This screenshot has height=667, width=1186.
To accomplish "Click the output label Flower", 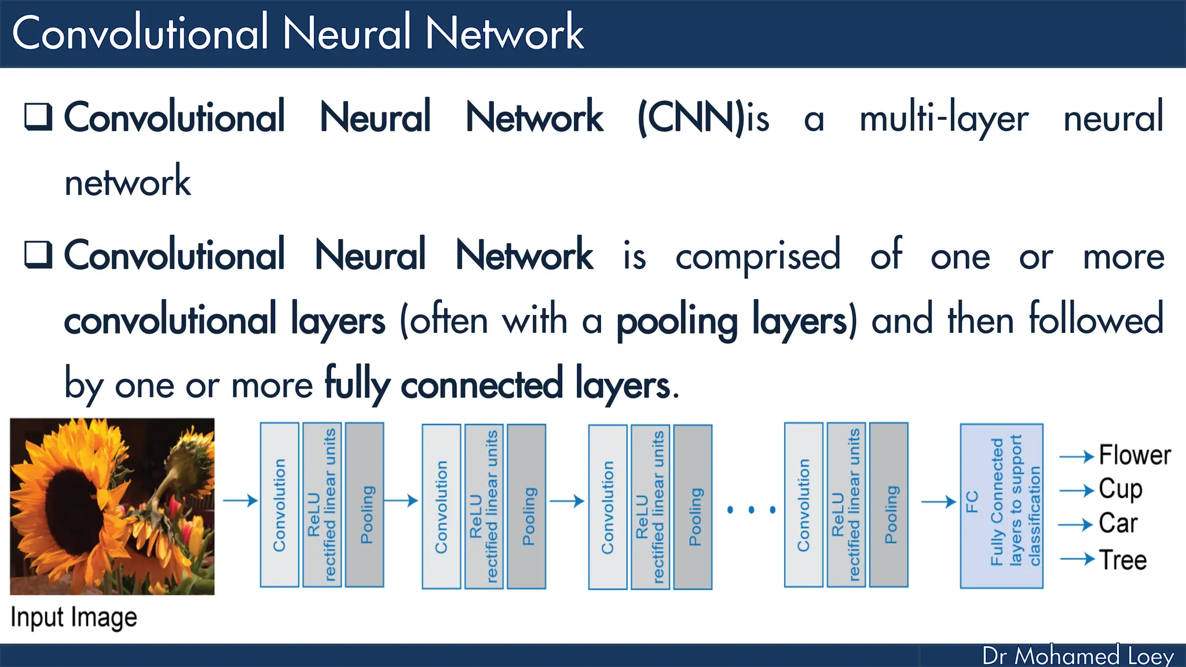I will point(1134,455).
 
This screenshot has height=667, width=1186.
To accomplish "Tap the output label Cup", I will point(1121,490).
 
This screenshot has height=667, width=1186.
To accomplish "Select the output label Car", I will point(1118,523).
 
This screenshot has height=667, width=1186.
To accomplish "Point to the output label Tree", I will point(1123,560).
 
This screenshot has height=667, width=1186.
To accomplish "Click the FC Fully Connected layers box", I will point(1001,505).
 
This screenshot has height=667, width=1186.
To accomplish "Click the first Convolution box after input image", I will point(280,504).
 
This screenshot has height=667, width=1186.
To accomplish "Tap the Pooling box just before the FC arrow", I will point(889,504).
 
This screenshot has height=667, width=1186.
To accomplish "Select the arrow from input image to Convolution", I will point(240,500).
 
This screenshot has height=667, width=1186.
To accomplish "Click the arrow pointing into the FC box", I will point(938,501).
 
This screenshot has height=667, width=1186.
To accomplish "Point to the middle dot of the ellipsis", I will point(751,510).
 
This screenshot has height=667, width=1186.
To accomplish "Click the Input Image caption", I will point(74,617).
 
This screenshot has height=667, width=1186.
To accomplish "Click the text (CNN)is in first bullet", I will point(703,118).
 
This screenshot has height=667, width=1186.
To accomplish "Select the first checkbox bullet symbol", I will point(38,117).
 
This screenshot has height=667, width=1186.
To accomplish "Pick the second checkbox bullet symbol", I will point(38,255).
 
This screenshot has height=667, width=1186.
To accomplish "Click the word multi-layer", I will point(943,119).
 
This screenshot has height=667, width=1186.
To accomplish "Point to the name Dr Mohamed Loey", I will point(1078,655).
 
